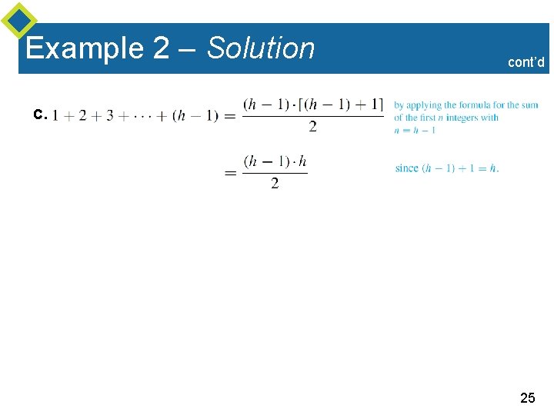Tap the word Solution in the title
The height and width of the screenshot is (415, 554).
point(261,48)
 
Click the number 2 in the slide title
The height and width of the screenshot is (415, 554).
point(161,48)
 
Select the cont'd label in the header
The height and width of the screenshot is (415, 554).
point(526,62)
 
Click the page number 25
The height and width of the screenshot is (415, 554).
point(527,398)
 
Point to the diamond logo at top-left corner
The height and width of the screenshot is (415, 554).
point(19,20)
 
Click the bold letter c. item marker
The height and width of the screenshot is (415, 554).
point(40,115)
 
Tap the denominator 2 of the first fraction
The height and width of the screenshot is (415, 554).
point(313,127)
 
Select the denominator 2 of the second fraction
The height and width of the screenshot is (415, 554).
point(275,184)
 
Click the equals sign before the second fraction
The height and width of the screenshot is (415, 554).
point(230,174)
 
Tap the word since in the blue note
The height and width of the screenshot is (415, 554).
point(406,168)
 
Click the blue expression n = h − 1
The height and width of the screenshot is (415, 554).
point(415,130)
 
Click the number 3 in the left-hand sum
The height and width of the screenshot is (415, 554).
point(109,116)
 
